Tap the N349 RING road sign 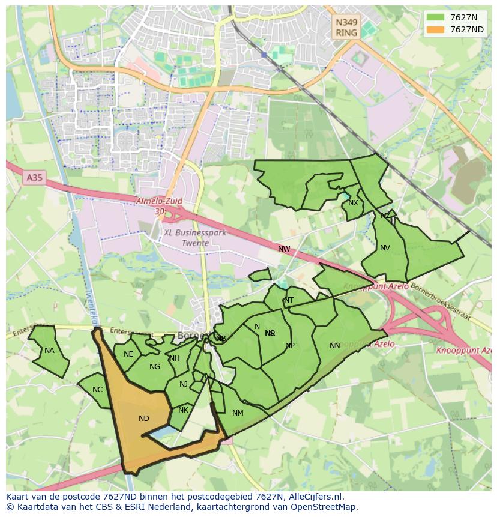[x=346, y=28]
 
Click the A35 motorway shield [x=35, y=178]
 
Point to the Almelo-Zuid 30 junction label [x=159, y=207]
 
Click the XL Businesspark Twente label [x=194, y=238]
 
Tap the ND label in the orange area [x=144, y=419]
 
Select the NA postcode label [x=49, y=351]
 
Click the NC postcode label [x=98, y=390]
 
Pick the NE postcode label [x=128, y=354]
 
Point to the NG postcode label [x=155, y=367]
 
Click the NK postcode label [x=183, y=410]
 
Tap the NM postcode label [x=238, y=413]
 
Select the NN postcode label [x=335, y=345]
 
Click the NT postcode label [x=289, y=300]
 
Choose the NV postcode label [x=385, y=247]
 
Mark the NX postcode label [x=353, y=203]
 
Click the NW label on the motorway [x=284, y=249]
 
